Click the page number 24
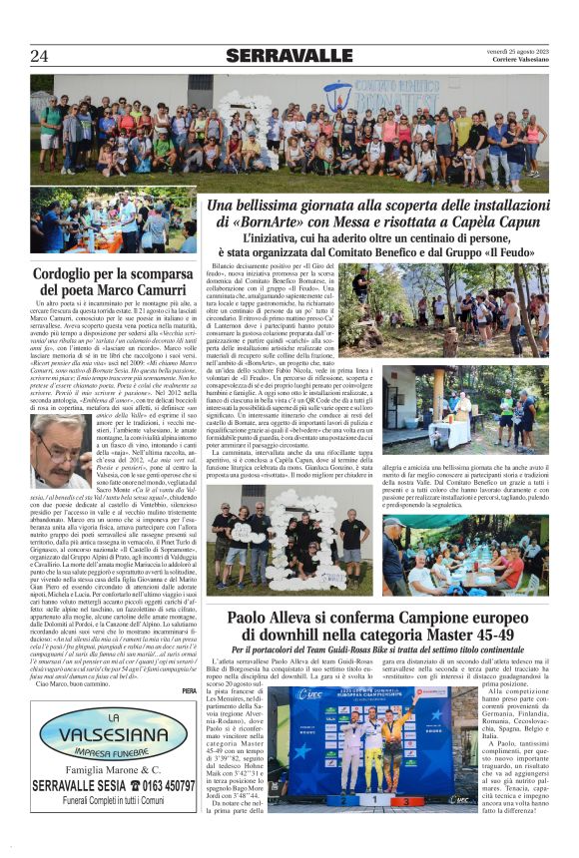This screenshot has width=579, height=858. tap(40, 56)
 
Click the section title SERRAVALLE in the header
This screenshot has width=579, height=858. tap(289, 56)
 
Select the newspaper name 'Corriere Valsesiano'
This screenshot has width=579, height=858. tap(520, 60)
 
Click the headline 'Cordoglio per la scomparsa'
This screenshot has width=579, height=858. tap(114, 272)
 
